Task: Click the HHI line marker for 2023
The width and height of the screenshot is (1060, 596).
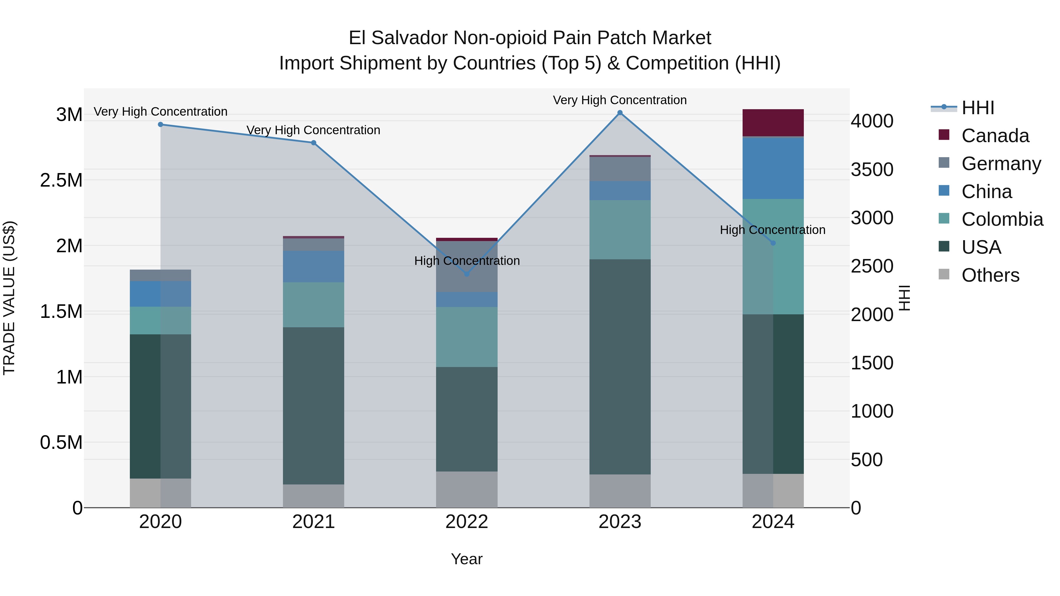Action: (620, 113)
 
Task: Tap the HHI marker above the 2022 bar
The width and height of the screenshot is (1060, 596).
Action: (467, 274)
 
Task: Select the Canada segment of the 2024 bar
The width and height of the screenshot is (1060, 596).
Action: (773, 122)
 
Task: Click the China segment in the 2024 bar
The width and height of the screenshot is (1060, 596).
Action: (773, 168)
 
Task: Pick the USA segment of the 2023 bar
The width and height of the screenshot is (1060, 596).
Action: (620, 366)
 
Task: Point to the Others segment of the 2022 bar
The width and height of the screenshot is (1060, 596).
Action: (467, 489)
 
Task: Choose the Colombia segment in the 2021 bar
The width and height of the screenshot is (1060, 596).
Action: (314, 304)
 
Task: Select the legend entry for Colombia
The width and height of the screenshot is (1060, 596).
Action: (1002, 219)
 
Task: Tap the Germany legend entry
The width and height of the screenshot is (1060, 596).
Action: (1001, 164)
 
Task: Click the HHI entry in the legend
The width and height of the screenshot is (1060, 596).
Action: (977, 108)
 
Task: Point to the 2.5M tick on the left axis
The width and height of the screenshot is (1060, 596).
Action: (61, 180)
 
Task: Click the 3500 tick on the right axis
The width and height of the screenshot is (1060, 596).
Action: (872, 170)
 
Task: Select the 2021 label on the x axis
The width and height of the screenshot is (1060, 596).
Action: (314, 522)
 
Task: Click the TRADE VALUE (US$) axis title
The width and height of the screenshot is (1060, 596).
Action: (9, 298)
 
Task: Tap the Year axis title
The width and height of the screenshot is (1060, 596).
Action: (467, 559)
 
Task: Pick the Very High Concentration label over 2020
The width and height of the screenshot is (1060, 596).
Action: (160, 112)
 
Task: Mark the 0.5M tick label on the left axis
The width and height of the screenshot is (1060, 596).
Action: (61, 443)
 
